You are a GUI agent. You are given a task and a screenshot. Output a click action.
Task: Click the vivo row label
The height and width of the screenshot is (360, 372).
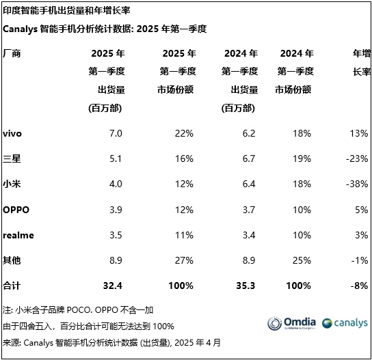[12, 133]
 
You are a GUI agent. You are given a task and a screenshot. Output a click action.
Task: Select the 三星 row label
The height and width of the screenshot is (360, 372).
[12, 158]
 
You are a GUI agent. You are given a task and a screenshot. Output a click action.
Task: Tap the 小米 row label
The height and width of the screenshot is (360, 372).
[12, 184]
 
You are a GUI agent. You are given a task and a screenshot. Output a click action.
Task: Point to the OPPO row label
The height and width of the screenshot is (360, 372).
[16, 210]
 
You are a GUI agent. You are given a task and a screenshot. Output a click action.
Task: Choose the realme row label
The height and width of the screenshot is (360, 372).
[18, 235]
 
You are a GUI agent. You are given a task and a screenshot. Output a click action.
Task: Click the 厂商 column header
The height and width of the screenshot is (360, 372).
[12, 53]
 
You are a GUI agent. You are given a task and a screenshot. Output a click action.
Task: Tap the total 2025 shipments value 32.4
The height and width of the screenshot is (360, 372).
[111, 286]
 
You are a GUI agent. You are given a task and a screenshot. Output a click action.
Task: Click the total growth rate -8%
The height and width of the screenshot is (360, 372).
[357, 286]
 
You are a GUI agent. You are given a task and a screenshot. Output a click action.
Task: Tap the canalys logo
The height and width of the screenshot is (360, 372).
[344, 323]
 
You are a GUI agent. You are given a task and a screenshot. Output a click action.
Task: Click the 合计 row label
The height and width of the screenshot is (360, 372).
[12, 286]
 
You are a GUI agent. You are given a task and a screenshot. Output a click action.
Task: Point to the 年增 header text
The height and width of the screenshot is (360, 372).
[360, 53]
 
